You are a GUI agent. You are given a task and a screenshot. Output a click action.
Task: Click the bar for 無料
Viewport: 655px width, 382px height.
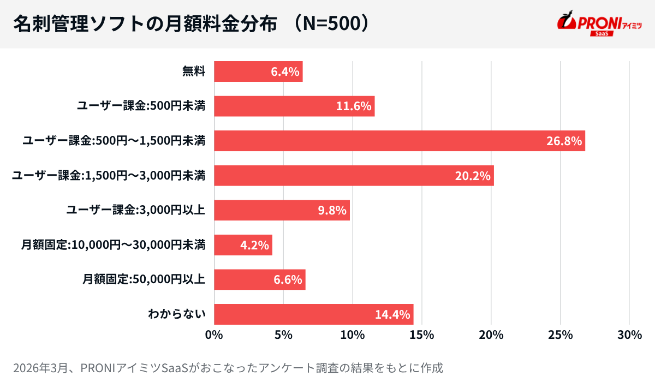pyautogui.click(x=258, y=71)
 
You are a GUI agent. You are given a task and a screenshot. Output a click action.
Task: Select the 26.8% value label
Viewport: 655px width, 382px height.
pyautogui.click(x=564, y=141)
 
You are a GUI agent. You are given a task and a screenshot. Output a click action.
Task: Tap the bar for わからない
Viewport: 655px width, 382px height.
pyautogui.click(x=313, y=314)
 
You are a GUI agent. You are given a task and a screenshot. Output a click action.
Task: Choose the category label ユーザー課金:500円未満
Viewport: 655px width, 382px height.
pyautogui.click(x=141, y=106)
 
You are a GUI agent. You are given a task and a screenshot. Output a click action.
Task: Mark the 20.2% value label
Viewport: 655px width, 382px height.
pyautogui.click(x=473, y=176)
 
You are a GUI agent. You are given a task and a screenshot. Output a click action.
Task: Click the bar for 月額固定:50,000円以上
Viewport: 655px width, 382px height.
pyautogui.click(x=259, y=279)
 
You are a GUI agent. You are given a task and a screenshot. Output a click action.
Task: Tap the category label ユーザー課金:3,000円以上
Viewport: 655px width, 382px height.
pyautogui.click(x=135, y=210)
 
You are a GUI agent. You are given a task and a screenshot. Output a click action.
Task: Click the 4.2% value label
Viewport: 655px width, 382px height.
pyautogui.click(x=254, y=245)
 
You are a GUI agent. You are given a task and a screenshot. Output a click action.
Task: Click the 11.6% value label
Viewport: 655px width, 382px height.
pyautogui.click(x=354, y=106)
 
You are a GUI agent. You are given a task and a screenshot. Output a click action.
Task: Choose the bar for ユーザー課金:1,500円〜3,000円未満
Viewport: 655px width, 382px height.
pyautogui.click(x=354, y=176)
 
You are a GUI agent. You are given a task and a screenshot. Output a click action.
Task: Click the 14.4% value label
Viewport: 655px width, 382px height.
pyautogui.click(x=392, y=314)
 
